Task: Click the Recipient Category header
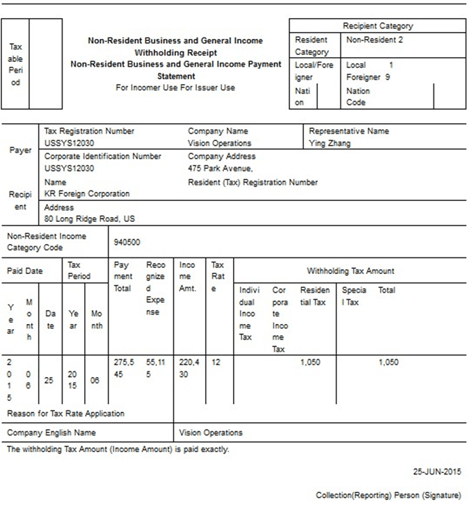click(377, 26)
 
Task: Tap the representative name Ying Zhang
click(330, 143)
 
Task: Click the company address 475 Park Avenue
click(221, 168)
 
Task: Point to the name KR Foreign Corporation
click(87, 193)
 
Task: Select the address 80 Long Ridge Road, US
click(90, 219)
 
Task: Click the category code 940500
click(127, 243)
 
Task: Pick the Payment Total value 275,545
click(122, 368)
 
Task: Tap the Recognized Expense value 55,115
click(156, 368)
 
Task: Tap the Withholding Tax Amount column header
click(350, 271)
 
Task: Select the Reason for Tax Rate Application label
click(65, 413)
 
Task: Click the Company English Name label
click(51, 433)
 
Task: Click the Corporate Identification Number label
click(102, 157)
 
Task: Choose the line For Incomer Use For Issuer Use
click(175, 88)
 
